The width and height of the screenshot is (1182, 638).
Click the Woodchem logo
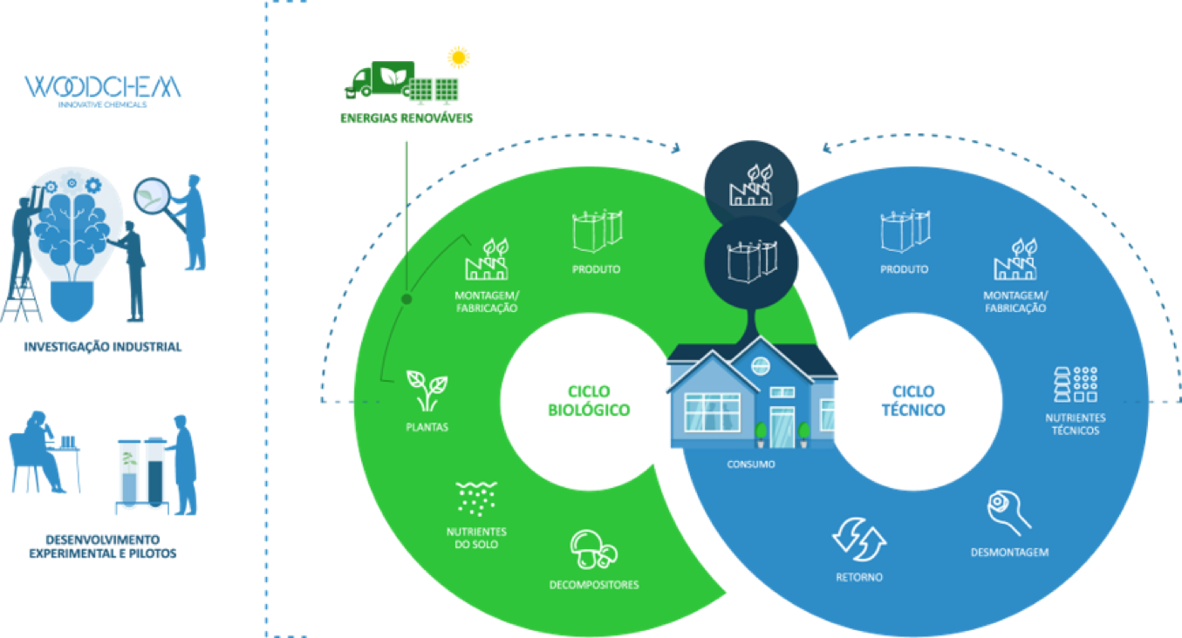(103, 88)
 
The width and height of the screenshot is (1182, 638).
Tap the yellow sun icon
(458, 58)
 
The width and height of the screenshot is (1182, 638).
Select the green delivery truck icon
(377, 81)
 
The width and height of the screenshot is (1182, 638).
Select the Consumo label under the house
(751, 464)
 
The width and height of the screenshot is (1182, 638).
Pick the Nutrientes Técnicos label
(1075, 424)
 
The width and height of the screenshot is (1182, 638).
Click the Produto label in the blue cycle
(904, 269)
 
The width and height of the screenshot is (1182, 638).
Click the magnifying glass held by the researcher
(154, 195)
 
